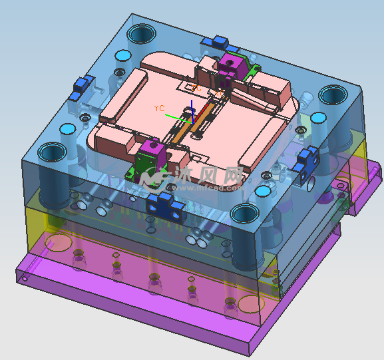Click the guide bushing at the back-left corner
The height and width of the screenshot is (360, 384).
point(142,33)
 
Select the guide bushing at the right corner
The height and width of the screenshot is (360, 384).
point(331,94)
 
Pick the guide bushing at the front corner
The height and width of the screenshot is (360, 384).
point(244,214)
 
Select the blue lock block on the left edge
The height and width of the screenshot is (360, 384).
point(82,85)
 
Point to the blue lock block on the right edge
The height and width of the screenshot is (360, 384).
point(306,159)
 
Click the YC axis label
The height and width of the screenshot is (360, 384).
point(159,107)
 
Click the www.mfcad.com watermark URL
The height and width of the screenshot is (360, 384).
point(206,187)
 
